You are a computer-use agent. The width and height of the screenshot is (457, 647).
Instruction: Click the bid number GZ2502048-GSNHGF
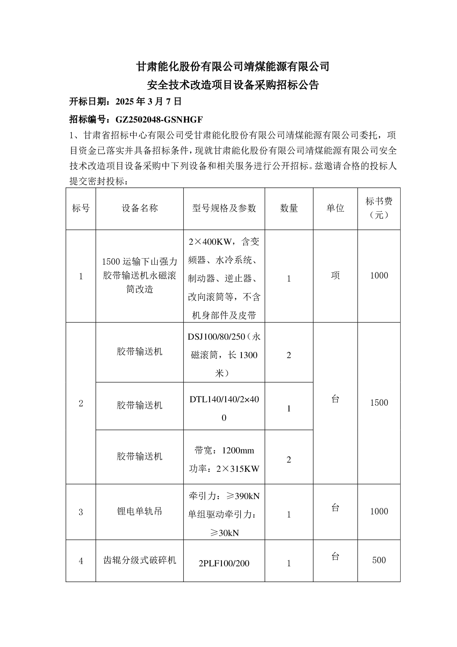(x=159, y=119)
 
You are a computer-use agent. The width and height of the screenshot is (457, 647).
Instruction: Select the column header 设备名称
(x=140, y=208)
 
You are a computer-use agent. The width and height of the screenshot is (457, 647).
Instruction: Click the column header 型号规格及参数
(x=224, y=208)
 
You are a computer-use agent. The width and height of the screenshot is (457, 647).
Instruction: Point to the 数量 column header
(x=289, y=208)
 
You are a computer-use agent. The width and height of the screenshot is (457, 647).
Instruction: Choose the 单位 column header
(x=335, y=208)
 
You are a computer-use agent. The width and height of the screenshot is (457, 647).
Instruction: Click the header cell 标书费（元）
(x=379, y=208)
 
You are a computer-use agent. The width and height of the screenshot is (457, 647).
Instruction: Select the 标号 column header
(x=81, y=208)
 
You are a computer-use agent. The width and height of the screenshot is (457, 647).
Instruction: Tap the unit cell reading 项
(x=335, y=275)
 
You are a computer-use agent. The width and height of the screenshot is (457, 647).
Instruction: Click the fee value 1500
(x=379, y=403)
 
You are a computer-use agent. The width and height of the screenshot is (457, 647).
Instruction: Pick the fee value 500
(x=379, y=560)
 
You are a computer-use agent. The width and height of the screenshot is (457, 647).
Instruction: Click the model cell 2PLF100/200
(x=224, y=563)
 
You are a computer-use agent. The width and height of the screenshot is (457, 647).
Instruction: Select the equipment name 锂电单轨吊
(x=140, y=511)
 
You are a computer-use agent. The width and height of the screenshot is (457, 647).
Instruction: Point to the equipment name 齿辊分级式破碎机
(x=140, y=560)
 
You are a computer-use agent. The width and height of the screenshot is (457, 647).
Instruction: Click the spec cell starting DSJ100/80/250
(x=224, y=355)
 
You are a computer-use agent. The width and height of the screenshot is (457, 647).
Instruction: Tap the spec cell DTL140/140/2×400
(x=224, y=408)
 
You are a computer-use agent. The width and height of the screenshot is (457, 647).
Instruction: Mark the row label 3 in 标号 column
(x=81, y=512)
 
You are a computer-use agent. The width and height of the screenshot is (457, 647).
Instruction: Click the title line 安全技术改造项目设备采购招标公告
(x=233, y=85)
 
